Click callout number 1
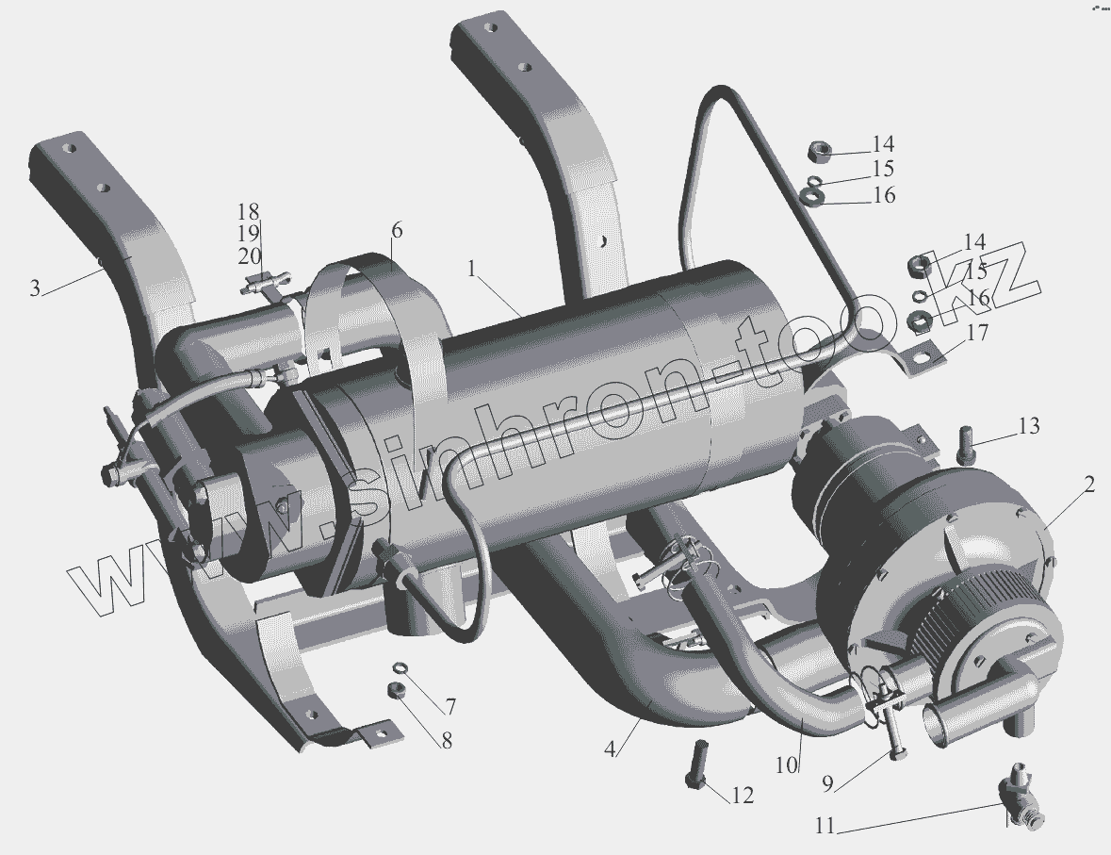pyautogui.click(x=473, y=269)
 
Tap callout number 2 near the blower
pyautogui.click(x=1088, y=485)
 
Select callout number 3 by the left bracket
pyautogui.click(x=35, y=288)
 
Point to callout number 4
pyautogui.click(x=610, y=748)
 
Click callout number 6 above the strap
pyautogui.click(x=396, y=230)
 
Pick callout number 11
pyautogui.click(x=825, y=827)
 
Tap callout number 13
pyautogui.click(x=1029, y=425)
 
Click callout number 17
pyautogui.click(x=977, y=332)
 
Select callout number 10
pyautogui.click(x=787, y=765)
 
